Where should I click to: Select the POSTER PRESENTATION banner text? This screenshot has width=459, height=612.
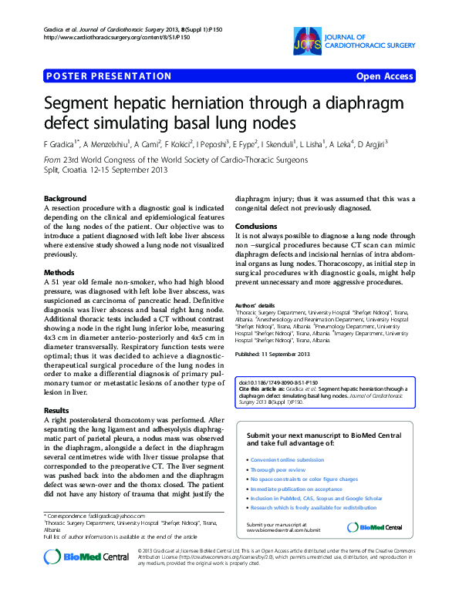[x=110, y=76]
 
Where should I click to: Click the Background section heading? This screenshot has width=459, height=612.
[x=66, y=199]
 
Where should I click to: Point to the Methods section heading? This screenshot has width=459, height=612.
[x=59, y=273]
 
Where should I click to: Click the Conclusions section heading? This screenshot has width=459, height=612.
[x=255, y=227]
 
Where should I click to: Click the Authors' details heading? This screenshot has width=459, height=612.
[x=255, y=306]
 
